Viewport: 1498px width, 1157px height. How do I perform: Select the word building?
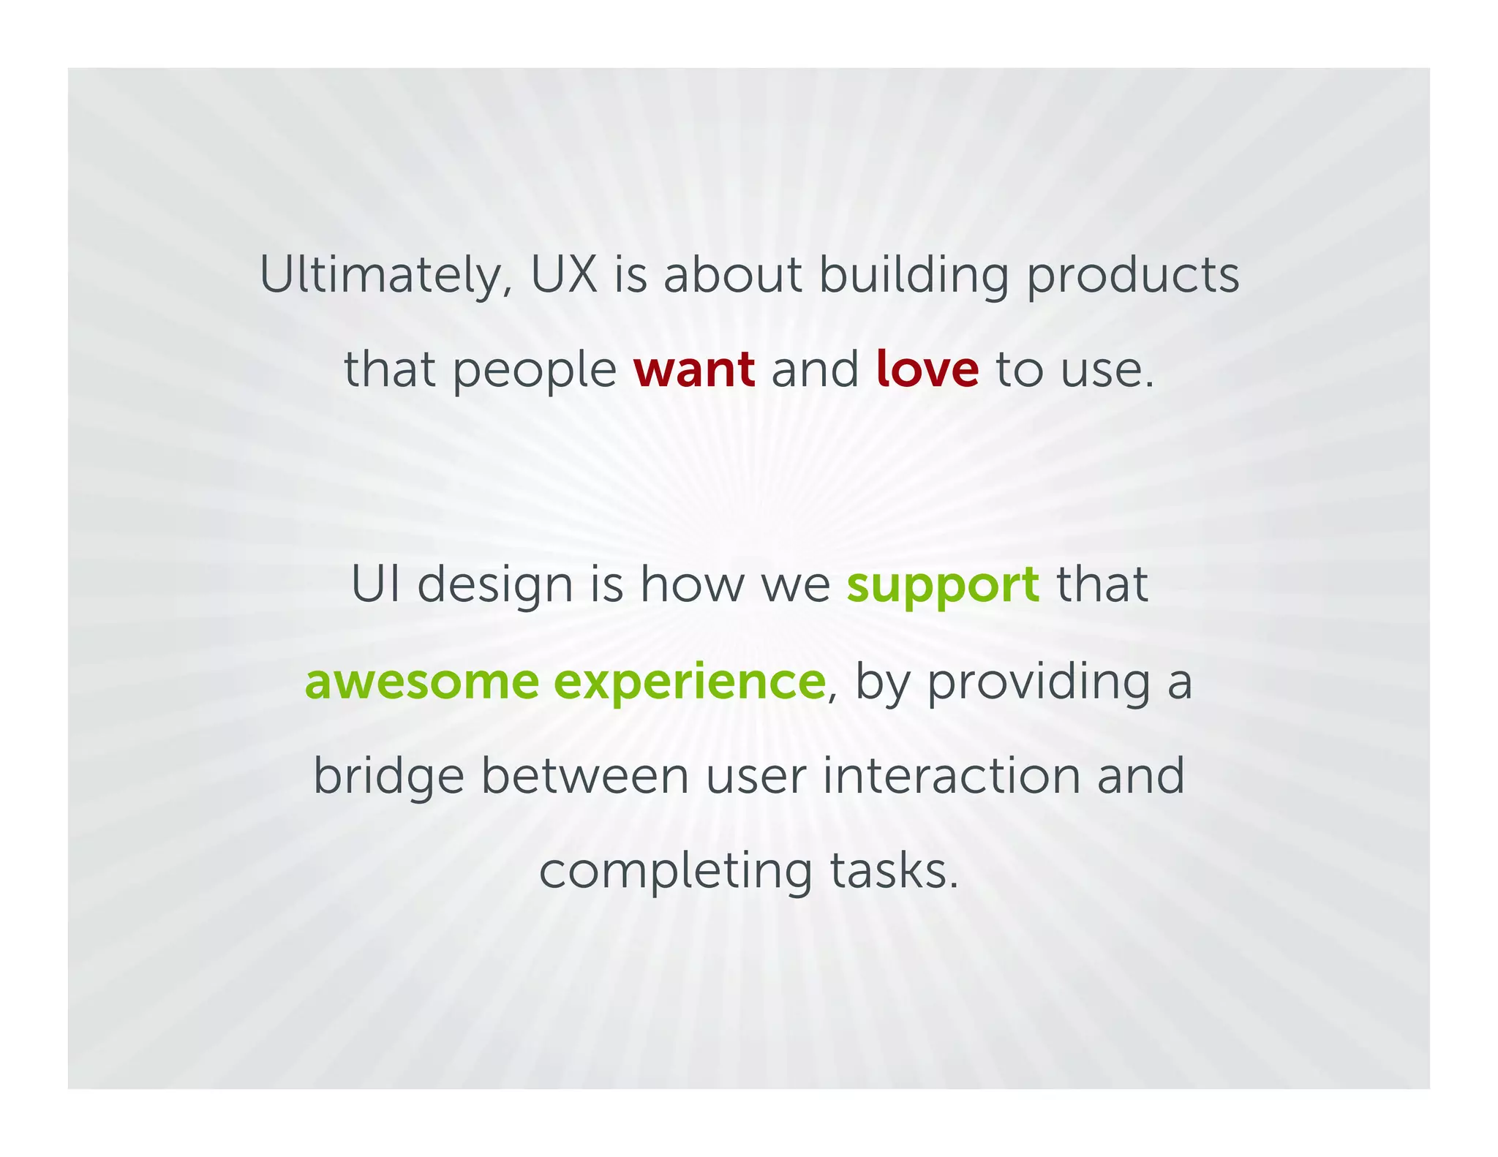click(x=914, y=276)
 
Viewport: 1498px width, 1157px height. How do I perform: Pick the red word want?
click(x=694, y=369)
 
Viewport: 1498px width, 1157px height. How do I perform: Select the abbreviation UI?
click(x=376, y=585)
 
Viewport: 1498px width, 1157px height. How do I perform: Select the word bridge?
click(x=388, y=777)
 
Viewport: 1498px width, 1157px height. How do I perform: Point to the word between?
click(x=585, y=776)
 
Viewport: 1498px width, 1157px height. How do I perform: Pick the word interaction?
click(x=951, y=776)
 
